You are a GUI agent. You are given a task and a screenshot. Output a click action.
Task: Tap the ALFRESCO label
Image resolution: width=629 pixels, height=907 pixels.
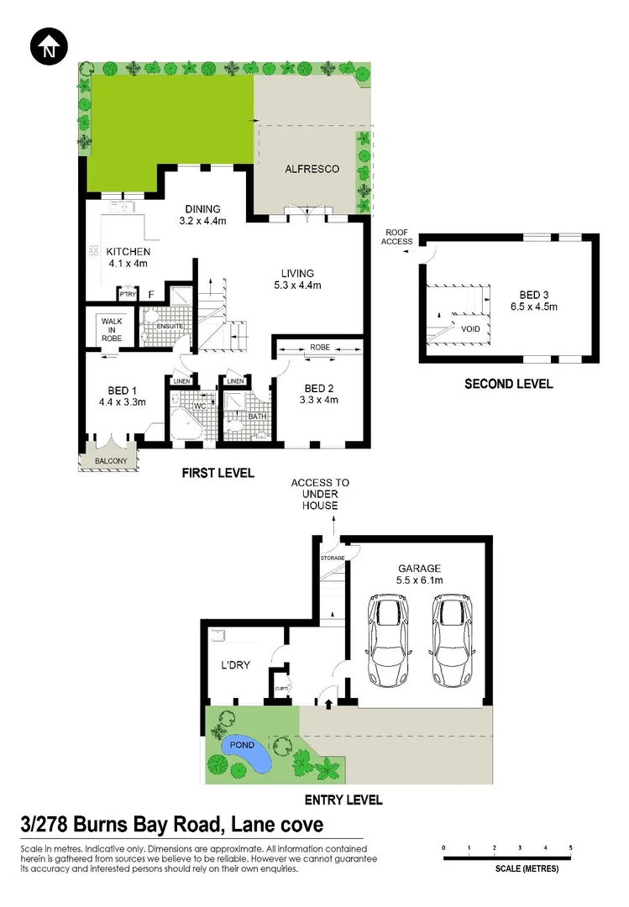coord(312,169)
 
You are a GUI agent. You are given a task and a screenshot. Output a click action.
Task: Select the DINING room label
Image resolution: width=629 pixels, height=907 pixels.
coord(199,210)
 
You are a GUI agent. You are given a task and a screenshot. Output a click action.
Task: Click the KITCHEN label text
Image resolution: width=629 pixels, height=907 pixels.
coord(128,252)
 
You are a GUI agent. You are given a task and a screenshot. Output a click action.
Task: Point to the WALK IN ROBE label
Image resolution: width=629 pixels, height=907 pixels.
coord(113,328)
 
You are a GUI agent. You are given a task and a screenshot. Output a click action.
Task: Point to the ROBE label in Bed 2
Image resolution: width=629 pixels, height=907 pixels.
coord(319,347)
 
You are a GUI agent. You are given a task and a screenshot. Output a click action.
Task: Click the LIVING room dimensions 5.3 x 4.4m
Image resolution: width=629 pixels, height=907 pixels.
coord(298,286)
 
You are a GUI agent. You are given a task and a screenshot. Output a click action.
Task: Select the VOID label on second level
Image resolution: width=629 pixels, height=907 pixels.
coord(470,328)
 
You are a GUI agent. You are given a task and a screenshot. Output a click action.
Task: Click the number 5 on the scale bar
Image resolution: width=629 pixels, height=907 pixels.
coord(571,848)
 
